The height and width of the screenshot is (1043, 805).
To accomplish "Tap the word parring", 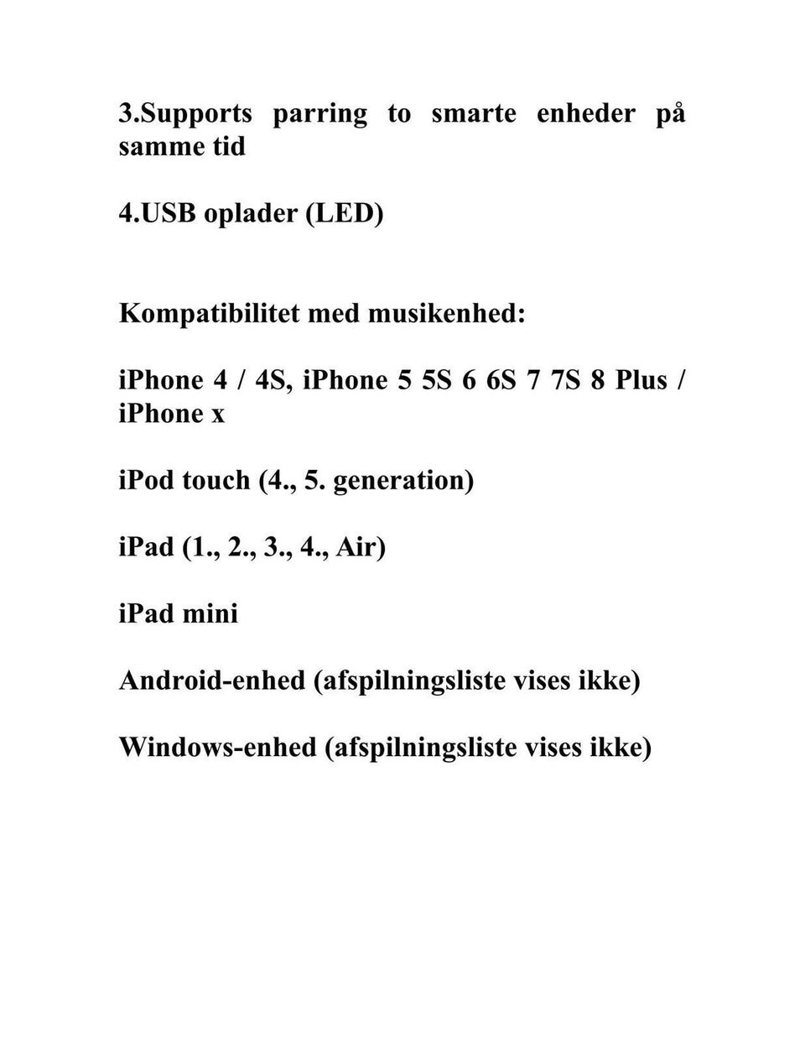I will (319, 114).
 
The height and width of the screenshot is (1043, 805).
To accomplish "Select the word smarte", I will (474, 114).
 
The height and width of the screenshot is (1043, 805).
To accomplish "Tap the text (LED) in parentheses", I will (345, 214).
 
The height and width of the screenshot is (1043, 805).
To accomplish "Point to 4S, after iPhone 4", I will (273, 381).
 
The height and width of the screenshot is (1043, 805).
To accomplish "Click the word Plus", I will (641, 381).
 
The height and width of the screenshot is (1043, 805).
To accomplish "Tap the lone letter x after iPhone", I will (218, 415).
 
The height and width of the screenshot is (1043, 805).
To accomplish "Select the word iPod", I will (146, 481).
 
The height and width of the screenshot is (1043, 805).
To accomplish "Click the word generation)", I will (403, 482).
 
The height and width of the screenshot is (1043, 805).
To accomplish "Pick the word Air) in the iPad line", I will (361, 548).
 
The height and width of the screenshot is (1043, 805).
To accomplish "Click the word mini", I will (210, 614).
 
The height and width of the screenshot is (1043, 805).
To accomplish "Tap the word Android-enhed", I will (212, 681).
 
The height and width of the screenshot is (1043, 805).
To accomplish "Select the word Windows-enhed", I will (217, 748).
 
